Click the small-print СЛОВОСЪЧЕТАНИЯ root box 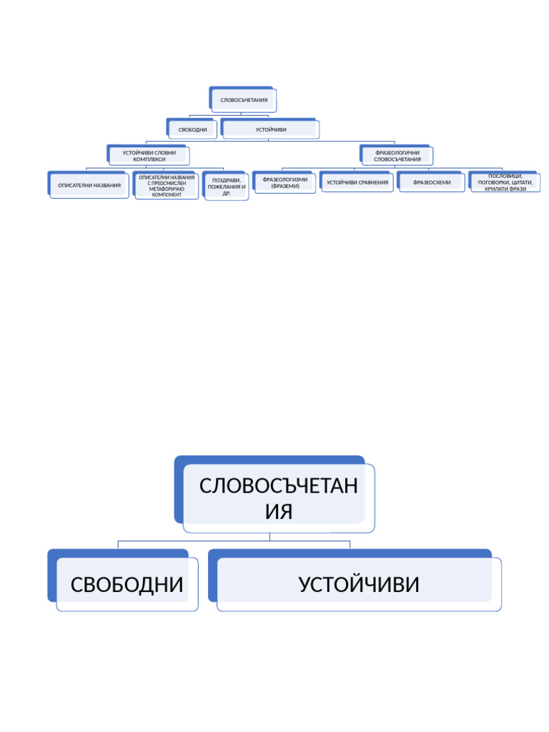click(x=244, y=100)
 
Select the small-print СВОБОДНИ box click(x=193, y=129)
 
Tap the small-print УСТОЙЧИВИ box click(x=271, y=129)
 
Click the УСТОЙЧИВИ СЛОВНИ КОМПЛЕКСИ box click(x=149, y=156)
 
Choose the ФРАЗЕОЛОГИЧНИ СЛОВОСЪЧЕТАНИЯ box click(x=397, y=156)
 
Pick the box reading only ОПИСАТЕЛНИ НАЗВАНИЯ click(x=89, y=185)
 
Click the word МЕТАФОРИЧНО click(x=167, y=189)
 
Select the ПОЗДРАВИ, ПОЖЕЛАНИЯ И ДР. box click(x=227, y=187)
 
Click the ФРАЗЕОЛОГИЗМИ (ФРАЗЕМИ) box click(x=285, y=182)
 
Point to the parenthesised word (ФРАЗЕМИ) click(x=285, y=186)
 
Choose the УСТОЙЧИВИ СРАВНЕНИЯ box click(x=357, y=182)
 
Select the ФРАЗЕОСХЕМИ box click(x=432, y=182)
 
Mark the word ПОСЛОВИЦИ click(x=505, y=176)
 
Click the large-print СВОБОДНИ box click(x=127, y=585)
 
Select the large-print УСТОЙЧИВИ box click(x=358, y=585)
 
